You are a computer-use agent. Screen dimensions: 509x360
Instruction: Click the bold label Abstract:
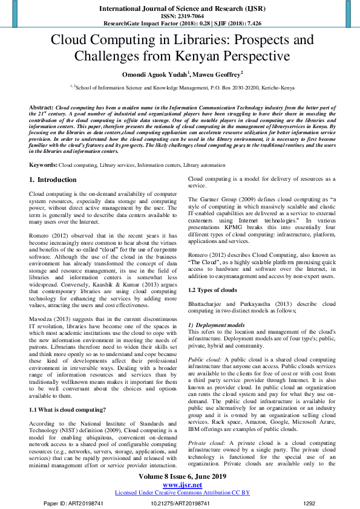(42, 106)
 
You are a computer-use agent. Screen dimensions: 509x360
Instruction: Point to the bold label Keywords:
(43, 164)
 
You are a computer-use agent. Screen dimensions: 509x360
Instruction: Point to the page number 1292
(309, 502)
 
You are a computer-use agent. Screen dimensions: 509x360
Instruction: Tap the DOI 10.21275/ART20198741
(180, 502)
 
